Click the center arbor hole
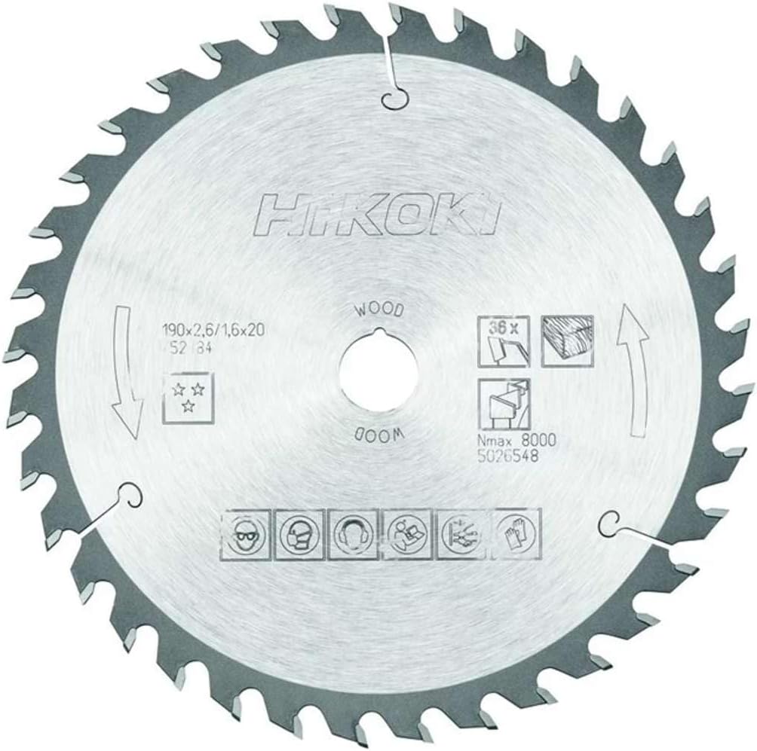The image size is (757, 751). pos(378,373)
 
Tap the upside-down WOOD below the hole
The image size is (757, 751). pos(378,436)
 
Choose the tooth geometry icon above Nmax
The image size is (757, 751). pos(504,403)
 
